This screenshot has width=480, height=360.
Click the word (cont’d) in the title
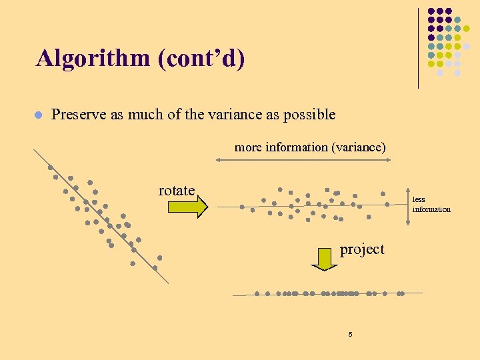201,59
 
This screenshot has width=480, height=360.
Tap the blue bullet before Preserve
39,115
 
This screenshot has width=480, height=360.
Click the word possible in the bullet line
309,115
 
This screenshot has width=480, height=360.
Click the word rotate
176,191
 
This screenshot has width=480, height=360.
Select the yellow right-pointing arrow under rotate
187,208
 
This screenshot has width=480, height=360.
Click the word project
362,249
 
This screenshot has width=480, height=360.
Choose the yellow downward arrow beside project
325,259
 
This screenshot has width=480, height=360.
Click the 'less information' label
431,204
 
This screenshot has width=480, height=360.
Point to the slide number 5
350,334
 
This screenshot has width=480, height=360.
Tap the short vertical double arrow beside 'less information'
384,198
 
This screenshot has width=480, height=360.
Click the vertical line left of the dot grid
418,48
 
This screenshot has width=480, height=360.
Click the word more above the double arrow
248,147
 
